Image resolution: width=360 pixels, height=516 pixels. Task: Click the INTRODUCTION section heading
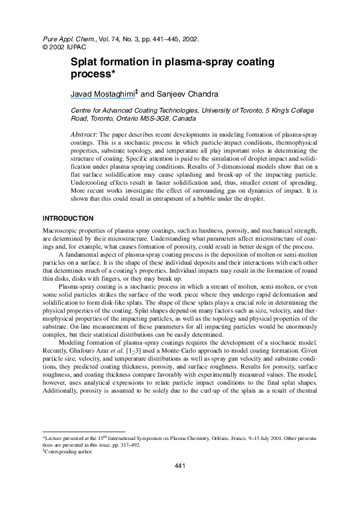coord(70,217)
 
